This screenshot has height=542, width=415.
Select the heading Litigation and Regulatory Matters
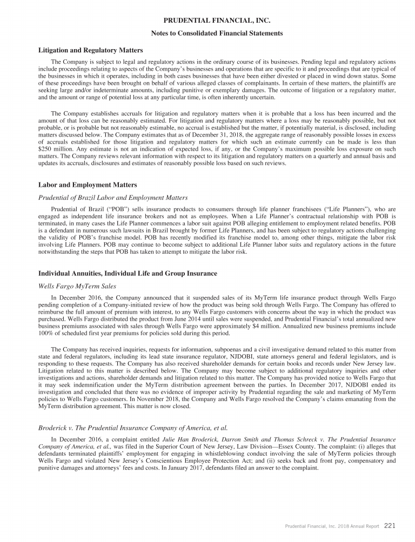pos(91,50)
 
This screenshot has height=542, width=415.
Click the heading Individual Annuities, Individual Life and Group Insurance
pos(128,274)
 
